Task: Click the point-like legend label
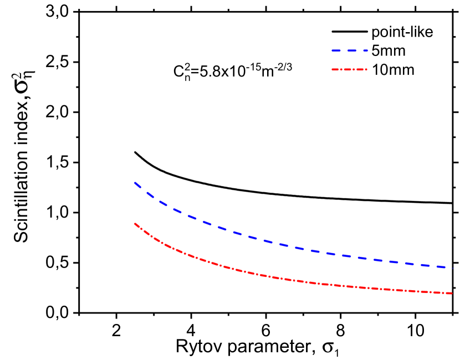coord(402,32)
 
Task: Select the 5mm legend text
coord(388,51)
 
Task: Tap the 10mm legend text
coord(393,70)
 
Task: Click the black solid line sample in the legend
coord(350,32)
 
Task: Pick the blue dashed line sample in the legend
coord(350,50)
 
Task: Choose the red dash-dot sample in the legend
coord(350,69)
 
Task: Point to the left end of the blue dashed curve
coord(134,182)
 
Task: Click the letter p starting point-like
coord(375,33)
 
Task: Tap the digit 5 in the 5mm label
coord(375,51)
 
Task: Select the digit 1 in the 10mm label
coord(375,70)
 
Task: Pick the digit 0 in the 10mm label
coord(382,70)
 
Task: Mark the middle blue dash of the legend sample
coord(350,50)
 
